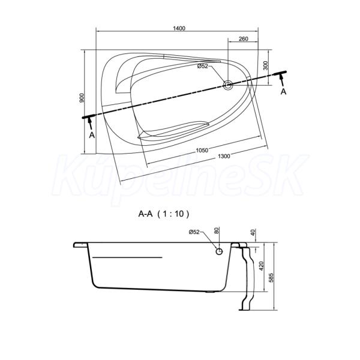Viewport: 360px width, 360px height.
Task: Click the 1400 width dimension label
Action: click(179, 28)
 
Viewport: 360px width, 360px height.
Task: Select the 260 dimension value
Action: click(244, 39)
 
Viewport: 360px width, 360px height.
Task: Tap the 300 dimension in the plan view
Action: click(265, 65)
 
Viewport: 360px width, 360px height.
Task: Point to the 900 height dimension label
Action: click(82, 98)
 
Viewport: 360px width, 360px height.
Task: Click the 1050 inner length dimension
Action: click(202, 151)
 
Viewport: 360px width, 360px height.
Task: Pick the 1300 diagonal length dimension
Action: click(224, 157)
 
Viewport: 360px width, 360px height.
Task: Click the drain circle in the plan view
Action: click(228, 85)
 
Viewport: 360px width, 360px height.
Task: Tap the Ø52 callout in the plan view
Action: click(203, 66)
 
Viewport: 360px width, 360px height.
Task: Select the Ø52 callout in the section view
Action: click(194, 232)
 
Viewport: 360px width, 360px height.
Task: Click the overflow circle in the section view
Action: click(219, 251)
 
